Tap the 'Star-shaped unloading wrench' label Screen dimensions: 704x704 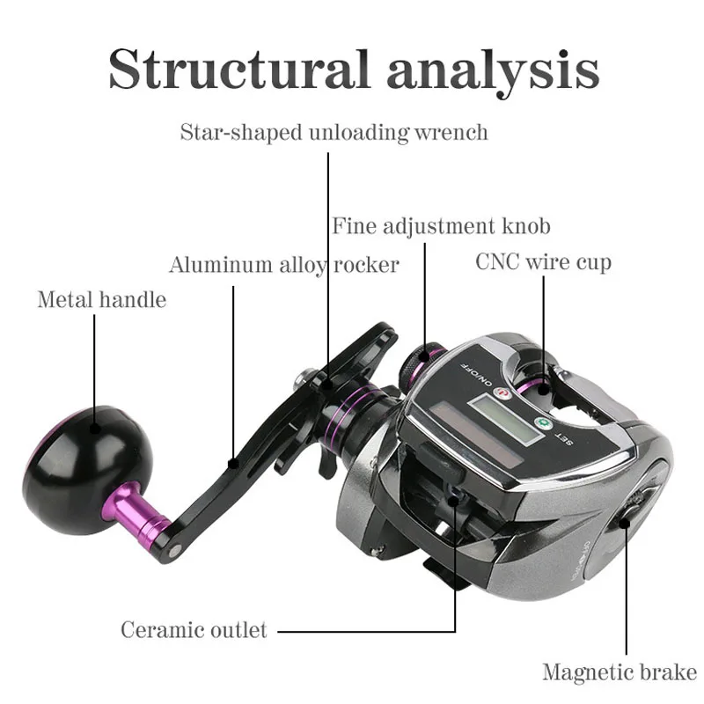pyautogui.click(x=334, y=133)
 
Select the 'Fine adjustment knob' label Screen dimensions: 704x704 pyautogui.click(x=441, y=226)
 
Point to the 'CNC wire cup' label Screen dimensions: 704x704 pyautogui.click(x=543, y=261)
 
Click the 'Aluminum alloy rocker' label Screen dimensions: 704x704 pyautogui.click(x=283, y=264)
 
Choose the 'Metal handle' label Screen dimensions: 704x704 pyautogui.click(x=101, y=299)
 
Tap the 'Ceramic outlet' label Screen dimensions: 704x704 pyautogui.click(x=194, y=630)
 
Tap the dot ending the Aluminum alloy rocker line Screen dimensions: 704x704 pyautogui.click(x=233, y=459)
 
